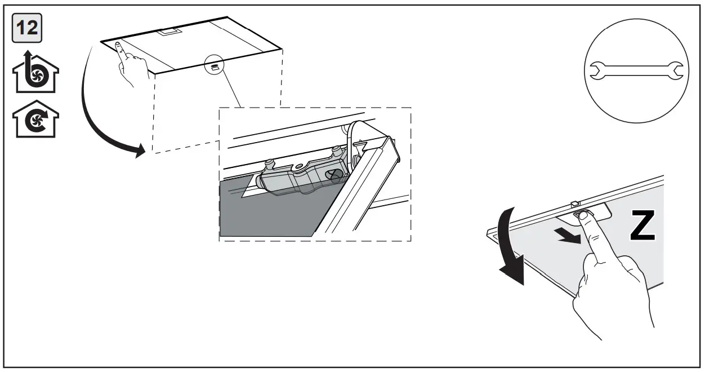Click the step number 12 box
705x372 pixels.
click(x=26, y=28)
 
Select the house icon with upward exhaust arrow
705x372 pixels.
click(x=35, y=74)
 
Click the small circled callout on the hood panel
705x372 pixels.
click(x=215, y=65)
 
